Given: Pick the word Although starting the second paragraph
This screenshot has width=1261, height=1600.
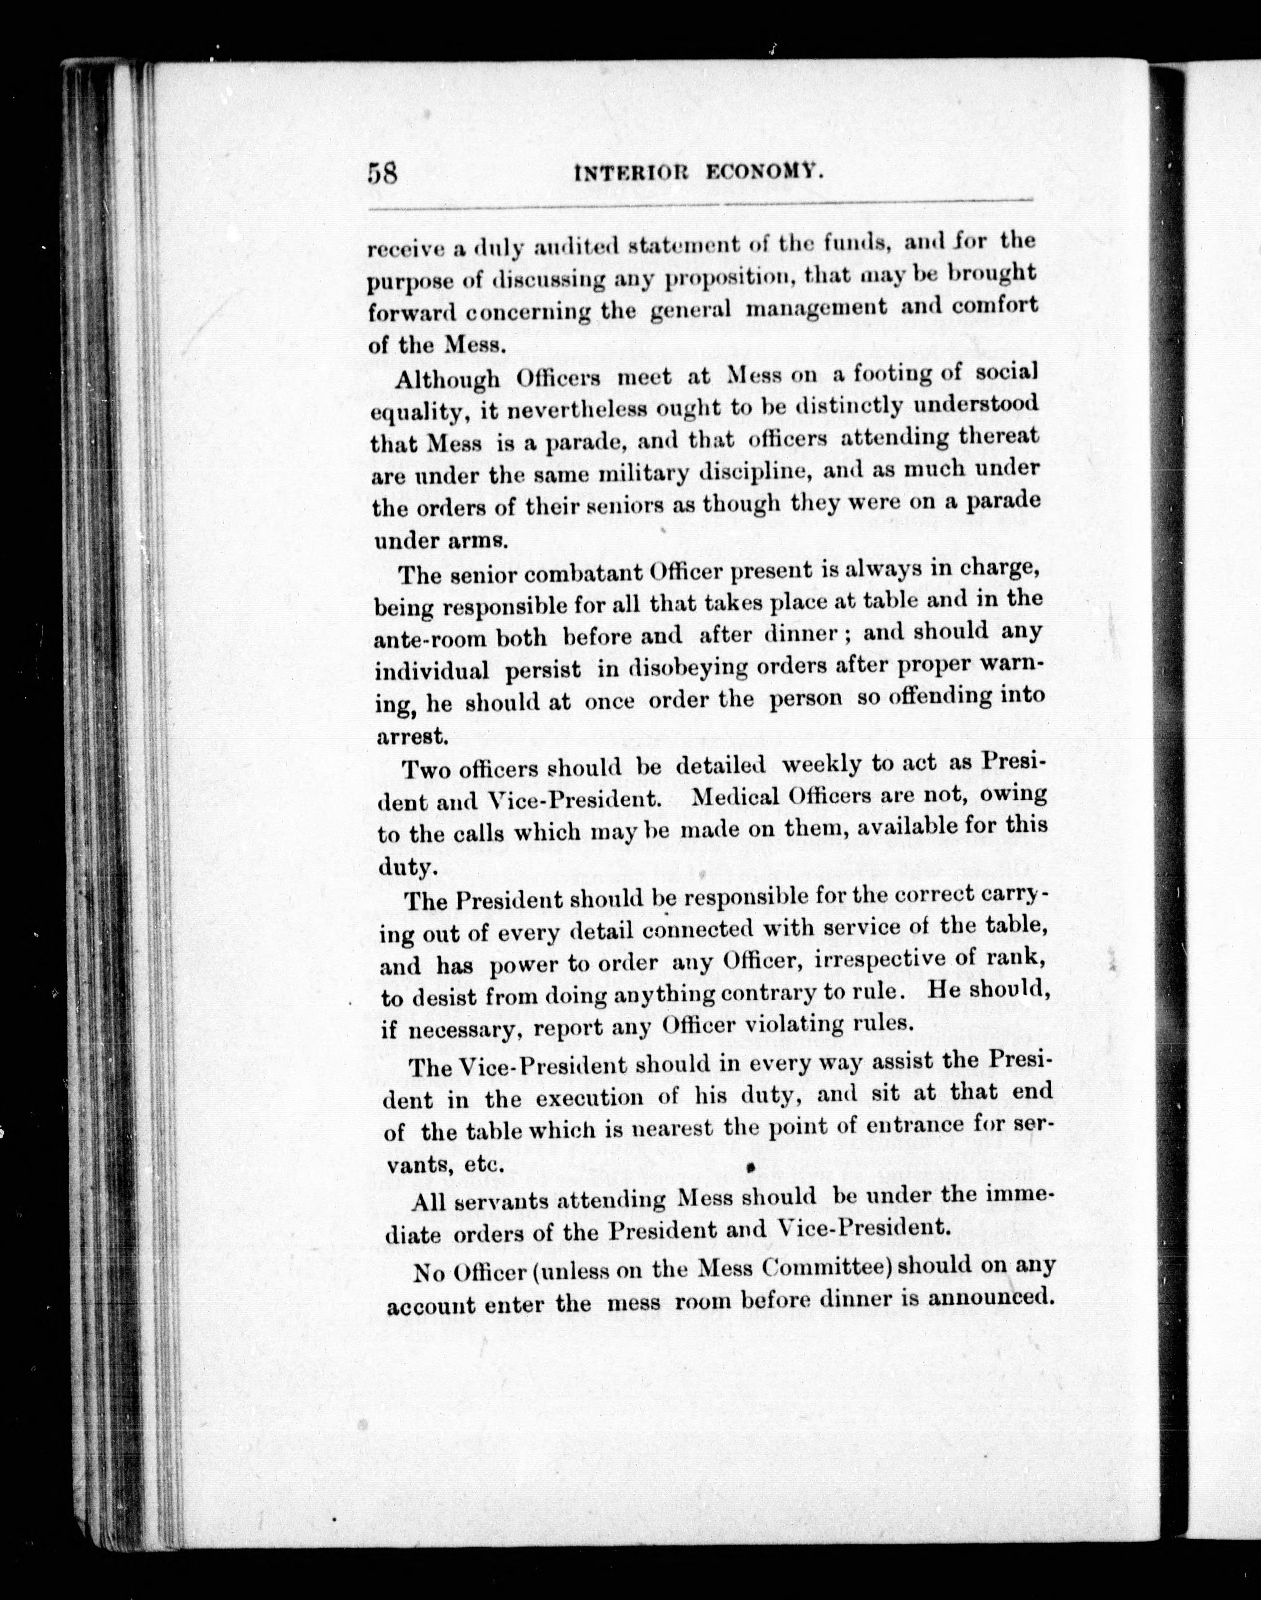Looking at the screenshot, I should click(x=447, y=379).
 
